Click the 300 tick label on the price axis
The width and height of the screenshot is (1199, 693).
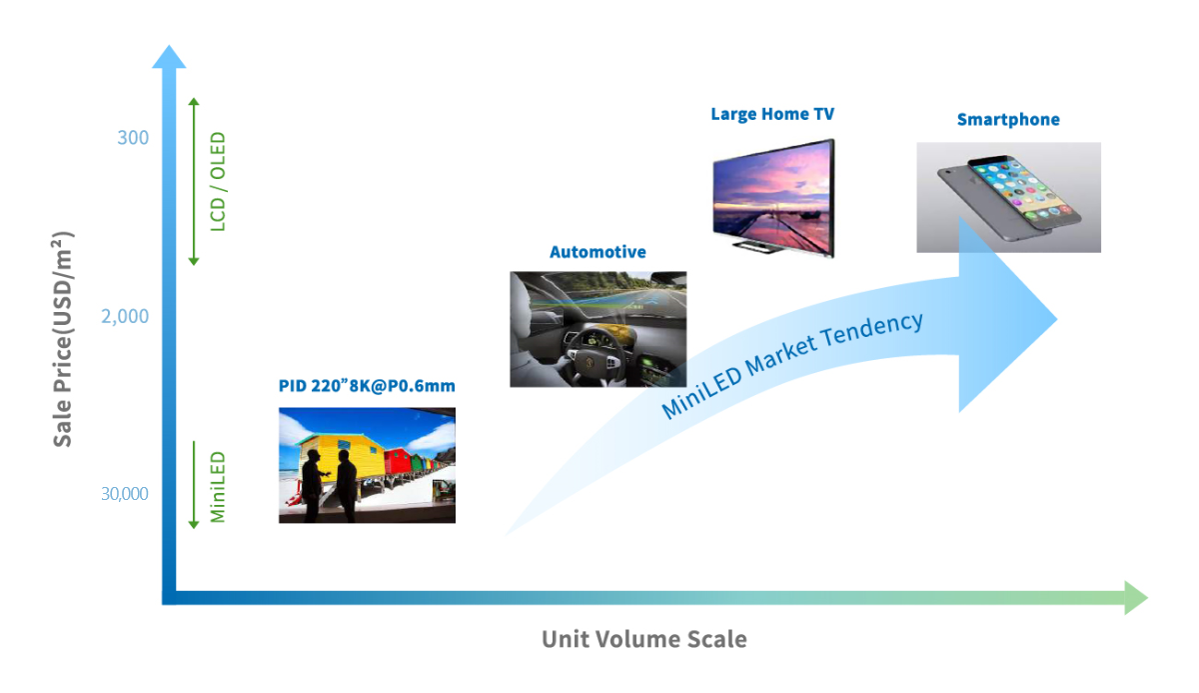133,138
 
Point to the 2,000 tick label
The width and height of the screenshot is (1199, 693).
125,317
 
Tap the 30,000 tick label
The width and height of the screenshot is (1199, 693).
125,494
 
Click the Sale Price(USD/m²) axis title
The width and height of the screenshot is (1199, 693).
62,339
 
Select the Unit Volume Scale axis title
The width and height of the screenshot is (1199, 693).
643,639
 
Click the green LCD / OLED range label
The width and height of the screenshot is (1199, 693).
218,182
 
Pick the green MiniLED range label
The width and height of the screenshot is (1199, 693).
218,487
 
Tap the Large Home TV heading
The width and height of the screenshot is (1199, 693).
772,114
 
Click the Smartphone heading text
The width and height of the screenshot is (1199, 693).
1008,119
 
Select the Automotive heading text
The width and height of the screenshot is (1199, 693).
598,252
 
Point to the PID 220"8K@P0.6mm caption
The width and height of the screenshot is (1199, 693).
367,386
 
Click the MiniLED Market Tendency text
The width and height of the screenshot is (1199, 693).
792,365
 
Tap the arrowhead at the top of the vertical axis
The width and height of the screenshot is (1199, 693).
169,57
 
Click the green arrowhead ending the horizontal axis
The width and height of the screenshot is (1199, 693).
1136,598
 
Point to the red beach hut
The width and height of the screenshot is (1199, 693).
399,461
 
